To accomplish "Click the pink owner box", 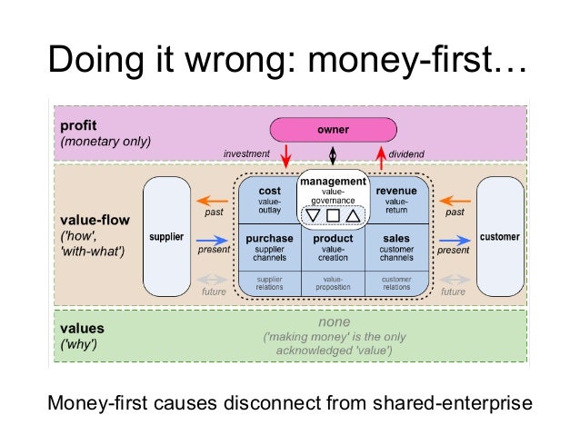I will pos(333,129).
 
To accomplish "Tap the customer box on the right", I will pos(500,237).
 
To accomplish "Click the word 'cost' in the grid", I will pos(270,192).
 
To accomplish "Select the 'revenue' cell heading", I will pos(395,192).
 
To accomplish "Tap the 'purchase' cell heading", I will pos(269,238).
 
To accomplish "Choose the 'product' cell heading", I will pos(333,238).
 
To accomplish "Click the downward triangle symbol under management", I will pos(315,216).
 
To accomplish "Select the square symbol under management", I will pos(333,216).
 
